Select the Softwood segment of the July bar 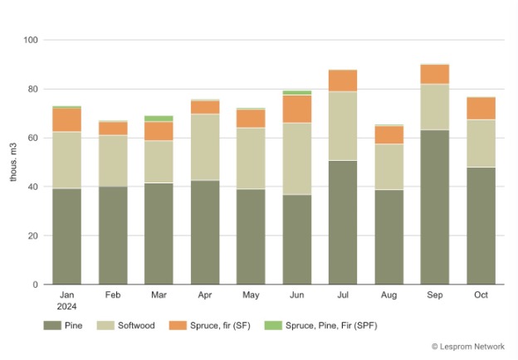click(x=343, y=126)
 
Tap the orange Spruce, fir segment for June click(x=297, y=109)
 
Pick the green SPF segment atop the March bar click(x=159, y=119)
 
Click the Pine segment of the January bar click(x=67, y=236)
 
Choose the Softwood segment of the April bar click(x=205, y=147)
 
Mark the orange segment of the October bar click(x=481, y=109)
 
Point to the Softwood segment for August click(x=388, y=167)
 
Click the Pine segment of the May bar click(x=251, y=236)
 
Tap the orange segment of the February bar click(x=113, y=129)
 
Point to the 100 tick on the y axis click(x=32, y=40)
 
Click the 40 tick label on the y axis click(x=34, y=187)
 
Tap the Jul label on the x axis click(x=343, y=294)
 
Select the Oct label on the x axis click(x=481, y=294)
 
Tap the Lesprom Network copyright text click(x=468, y=347)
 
